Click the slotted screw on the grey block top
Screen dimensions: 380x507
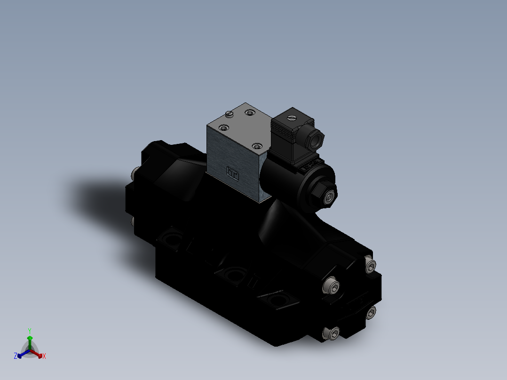click(x=230, y=113)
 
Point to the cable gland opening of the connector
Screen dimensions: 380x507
click(x=318, y=137)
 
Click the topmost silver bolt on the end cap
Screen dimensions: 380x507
click(x=371, y=267)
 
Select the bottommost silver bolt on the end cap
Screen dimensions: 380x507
click(x=331, y=333)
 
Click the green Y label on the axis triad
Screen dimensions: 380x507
click(x=29, y=331)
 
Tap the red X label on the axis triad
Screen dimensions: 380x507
click(x=44, y=356)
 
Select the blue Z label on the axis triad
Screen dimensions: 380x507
click(x=16, y=356)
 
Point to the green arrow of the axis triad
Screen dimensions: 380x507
click(x=30, y=341)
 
